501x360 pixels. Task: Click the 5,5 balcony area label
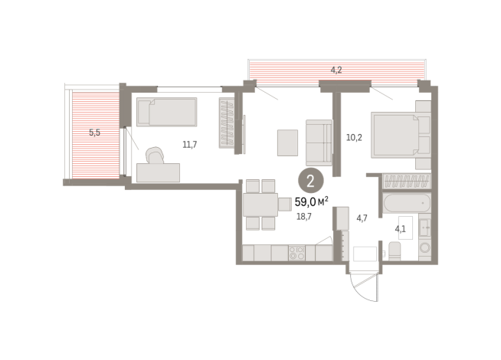click(94, 133)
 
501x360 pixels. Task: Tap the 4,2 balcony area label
click(336, 70)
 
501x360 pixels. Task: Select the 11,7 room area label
click(190, 145)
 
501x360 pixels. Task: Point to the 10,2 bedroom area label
click(354, 138)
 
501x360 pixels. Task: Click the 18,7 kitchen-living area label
click(304, 217)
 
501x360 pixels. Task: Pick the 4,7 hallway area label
click(362, 218)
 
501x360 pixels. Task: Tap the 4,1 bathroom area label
click(401, 229)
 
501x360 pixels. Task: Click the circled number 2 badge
click(310, 181)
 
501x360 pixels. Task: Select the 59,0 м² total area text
click(311, 202)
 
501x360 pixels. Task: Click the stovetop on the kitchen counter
click(296, 253)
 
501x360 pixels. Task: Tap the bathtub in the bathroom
click(407, 203)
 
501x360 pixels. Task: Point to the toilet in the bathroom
click(395, 250)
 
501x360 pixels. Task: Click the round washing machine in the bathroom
click(425, 248)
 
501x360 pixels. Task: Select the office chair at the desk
click(156, 155)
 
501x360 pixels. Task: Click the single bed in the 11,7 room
click(166, 112)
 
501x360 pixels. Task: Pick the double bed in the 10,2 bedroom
click(401, 135)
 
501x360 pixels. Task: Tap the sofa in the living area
click(319, 142)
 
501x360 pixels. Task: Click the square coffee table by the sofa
click(287, 142)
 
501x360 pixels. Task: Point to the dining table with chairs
click(260, 205)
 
